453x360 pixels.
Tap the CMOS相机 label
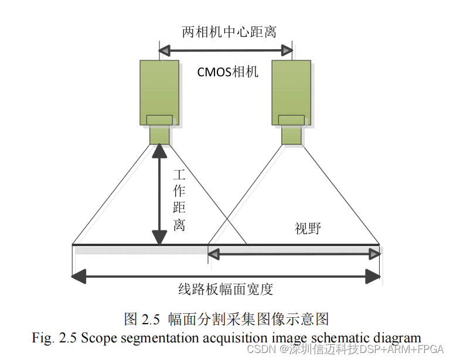pos(227,72)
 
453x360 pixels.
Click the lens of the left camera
pos(159,134)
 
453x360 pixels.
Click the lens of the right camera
pos(291,134)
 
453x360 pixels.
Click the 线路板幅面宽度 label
pos(226,288)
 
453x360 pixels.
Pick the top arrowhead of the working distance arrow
pos(159,151)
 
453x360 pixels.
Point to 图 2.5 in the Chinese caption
pos(142,319)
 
